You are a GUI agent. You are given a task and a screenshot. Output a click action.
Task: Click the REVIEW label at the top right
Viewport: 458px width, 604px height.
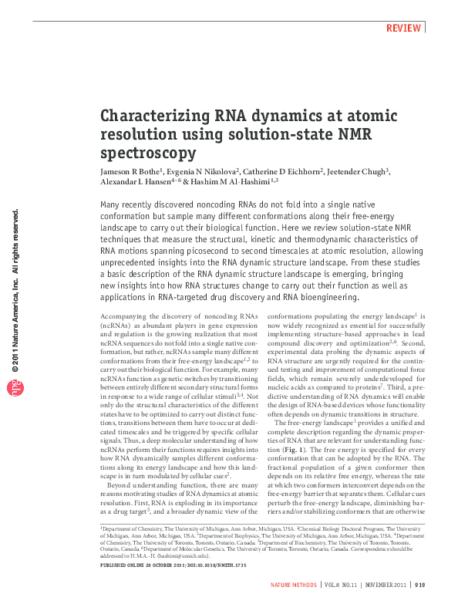[404, 28]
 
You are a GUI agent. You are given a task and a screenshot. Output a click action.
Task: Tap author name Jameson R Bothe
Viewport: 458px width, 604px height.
[130, 170]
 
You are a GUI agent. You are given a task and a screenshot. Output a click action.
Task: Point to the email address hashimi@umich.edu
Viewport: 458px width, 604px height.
[178, 555]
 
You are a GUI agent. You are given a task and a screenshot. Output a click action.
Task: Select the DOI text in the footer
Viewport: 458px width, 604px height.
[199, 565]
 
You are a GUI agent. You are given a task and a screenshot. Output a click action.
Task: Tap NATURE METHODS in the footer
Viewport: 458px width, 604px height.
[294, 586]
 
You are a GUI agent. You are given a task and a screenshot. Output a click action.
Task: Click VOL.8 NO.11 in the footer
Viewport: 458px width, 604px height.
[339, 586]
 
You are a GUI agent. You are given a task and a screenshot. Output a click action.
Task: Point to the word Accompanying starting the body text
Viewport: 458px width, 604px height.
[126, 317]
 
